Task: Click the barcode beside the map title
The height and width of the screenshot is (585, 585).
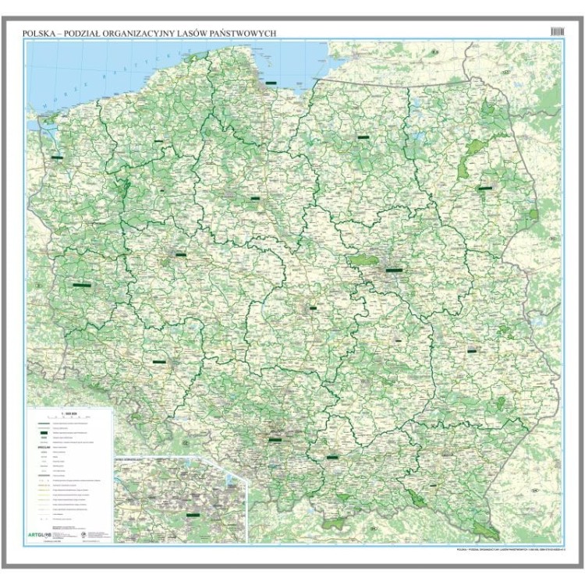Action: click(x=555, y=30)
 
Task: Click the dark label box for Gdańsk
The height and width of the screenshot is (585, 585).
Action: click(x=271, y=81)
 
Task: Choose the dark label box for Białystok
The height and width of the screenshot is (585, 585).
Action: click(x=487, y=188)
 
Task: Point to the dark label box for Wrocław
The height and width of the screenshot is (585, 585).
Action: click(x=161, y=362)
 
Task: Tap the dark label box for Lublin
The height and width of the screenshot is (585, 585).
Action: click(x=472, y=350)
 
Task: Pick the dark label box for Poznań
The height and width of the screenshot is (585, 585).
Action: click(x=180, y=254)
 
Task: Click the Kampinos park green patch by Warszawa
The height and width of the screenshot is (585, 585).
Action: click(x=361, y=261)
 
